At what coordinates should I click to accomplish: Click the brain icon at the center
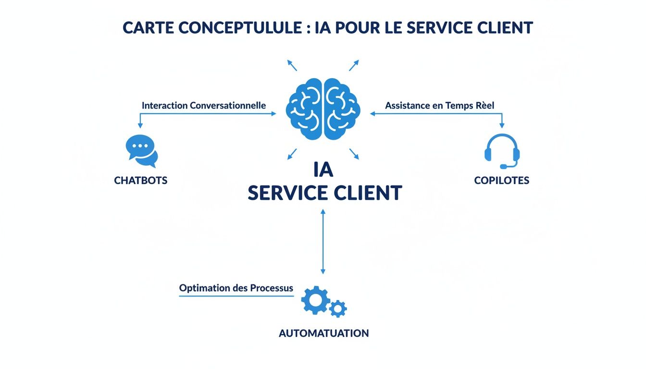pos(323,109)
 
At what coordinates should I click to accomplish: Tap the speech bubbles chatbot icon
pos(141,151)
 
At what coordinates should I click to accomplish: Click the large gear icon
pos(315,300)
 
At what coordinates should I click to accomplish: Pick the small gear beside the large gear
pos(338,308)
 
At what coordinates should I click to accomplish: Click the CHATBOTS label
pos(141,181)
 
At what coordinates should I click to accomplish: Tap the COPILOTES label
pos(501,181)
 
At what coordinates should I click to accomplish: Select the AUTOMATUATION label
pos(323,333)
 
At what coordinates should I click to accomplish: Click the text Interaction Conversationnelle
pos(204,105)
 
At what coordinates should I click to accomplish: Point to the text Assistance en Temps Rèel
pos(440,105)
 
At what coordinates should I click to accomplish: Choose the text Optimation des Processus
pos(236,288)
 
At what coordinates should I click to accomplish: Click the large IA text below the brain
pos(323,170)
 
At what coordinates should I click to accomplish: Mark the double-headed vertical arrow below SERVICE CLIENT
pos(323,241)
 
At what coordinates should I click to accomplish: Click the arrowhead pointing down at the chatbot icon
pos(140,125)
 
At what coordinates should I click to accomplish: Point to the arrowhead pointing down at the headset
pos(502,125)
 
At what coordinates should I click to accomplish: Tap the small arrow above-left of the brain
pos(292,65)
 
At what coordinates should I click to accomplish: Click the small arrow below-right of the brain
pos(354,154)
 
